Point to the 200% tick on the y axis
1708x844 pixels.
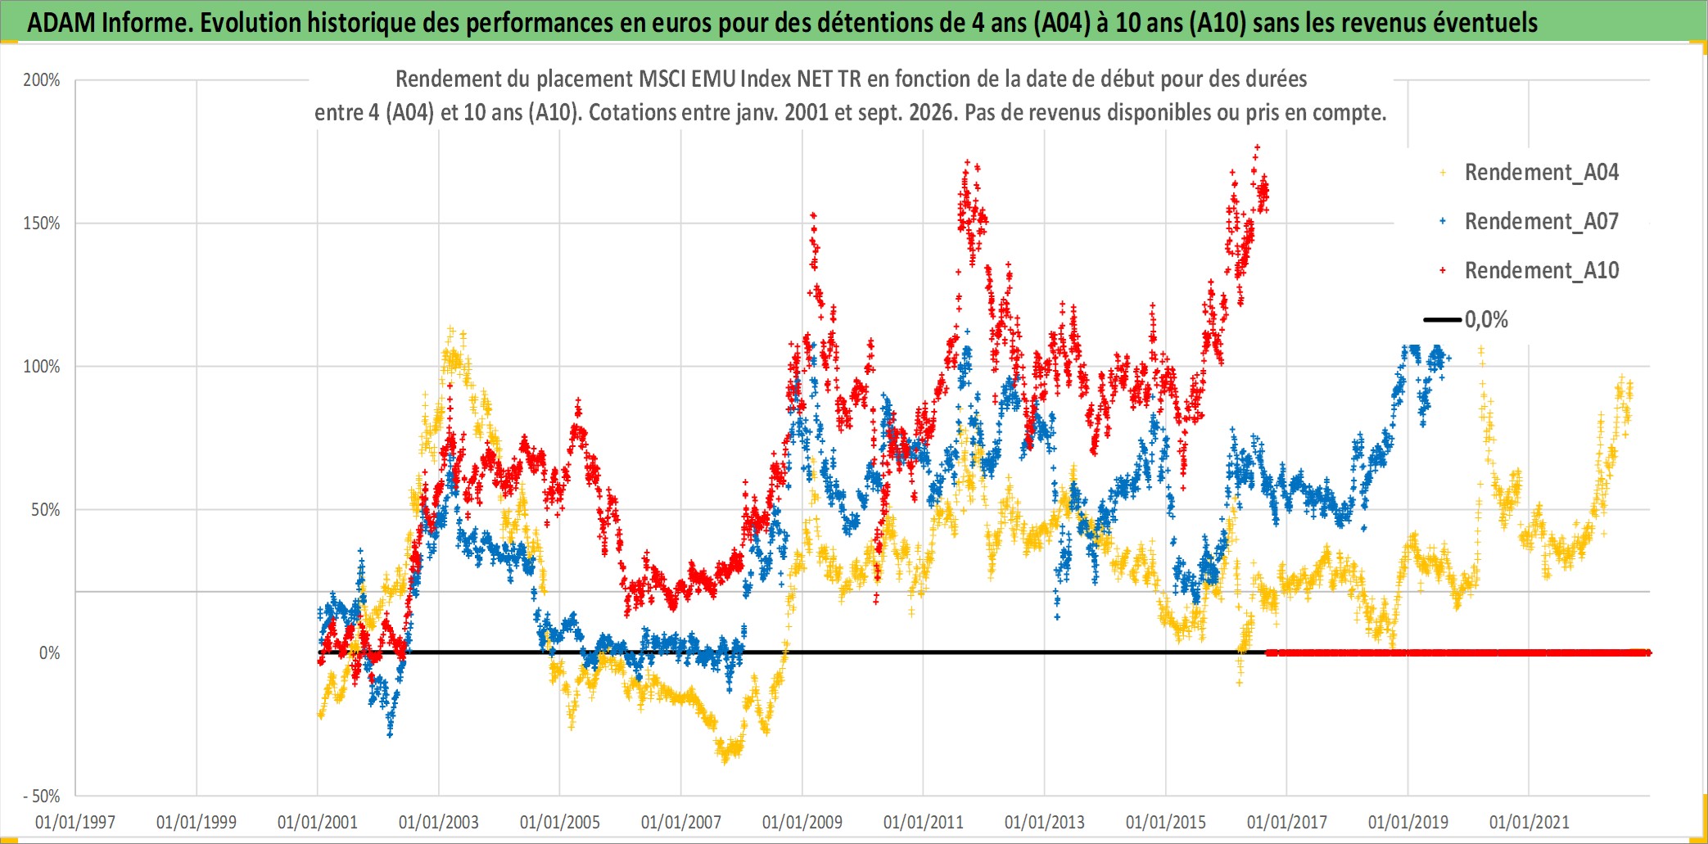click(42, 80)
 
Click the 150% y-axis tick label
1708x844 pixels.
click(42, 223)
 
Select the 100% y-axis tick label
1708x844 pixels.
click(42, 367)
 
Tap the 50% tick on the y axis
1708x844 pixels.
click(46, 509)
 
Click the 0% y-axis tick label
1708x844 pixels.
click(50, 652)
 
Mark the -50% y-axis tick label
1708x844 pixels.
click(42, 796)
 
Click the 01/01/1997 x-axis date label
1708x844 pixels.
click(75, 822)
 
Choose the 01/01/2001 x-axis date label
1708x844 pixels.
click(318, 822)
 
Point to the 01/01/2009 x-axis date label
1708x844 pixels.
click(802, 822)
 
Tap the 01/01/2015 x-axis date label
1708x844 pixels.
click(1166, 822)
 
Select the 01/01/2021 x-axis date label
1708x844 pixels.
click(1530, 822)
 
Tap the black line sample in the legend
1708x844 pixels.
click(1442, 319)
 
